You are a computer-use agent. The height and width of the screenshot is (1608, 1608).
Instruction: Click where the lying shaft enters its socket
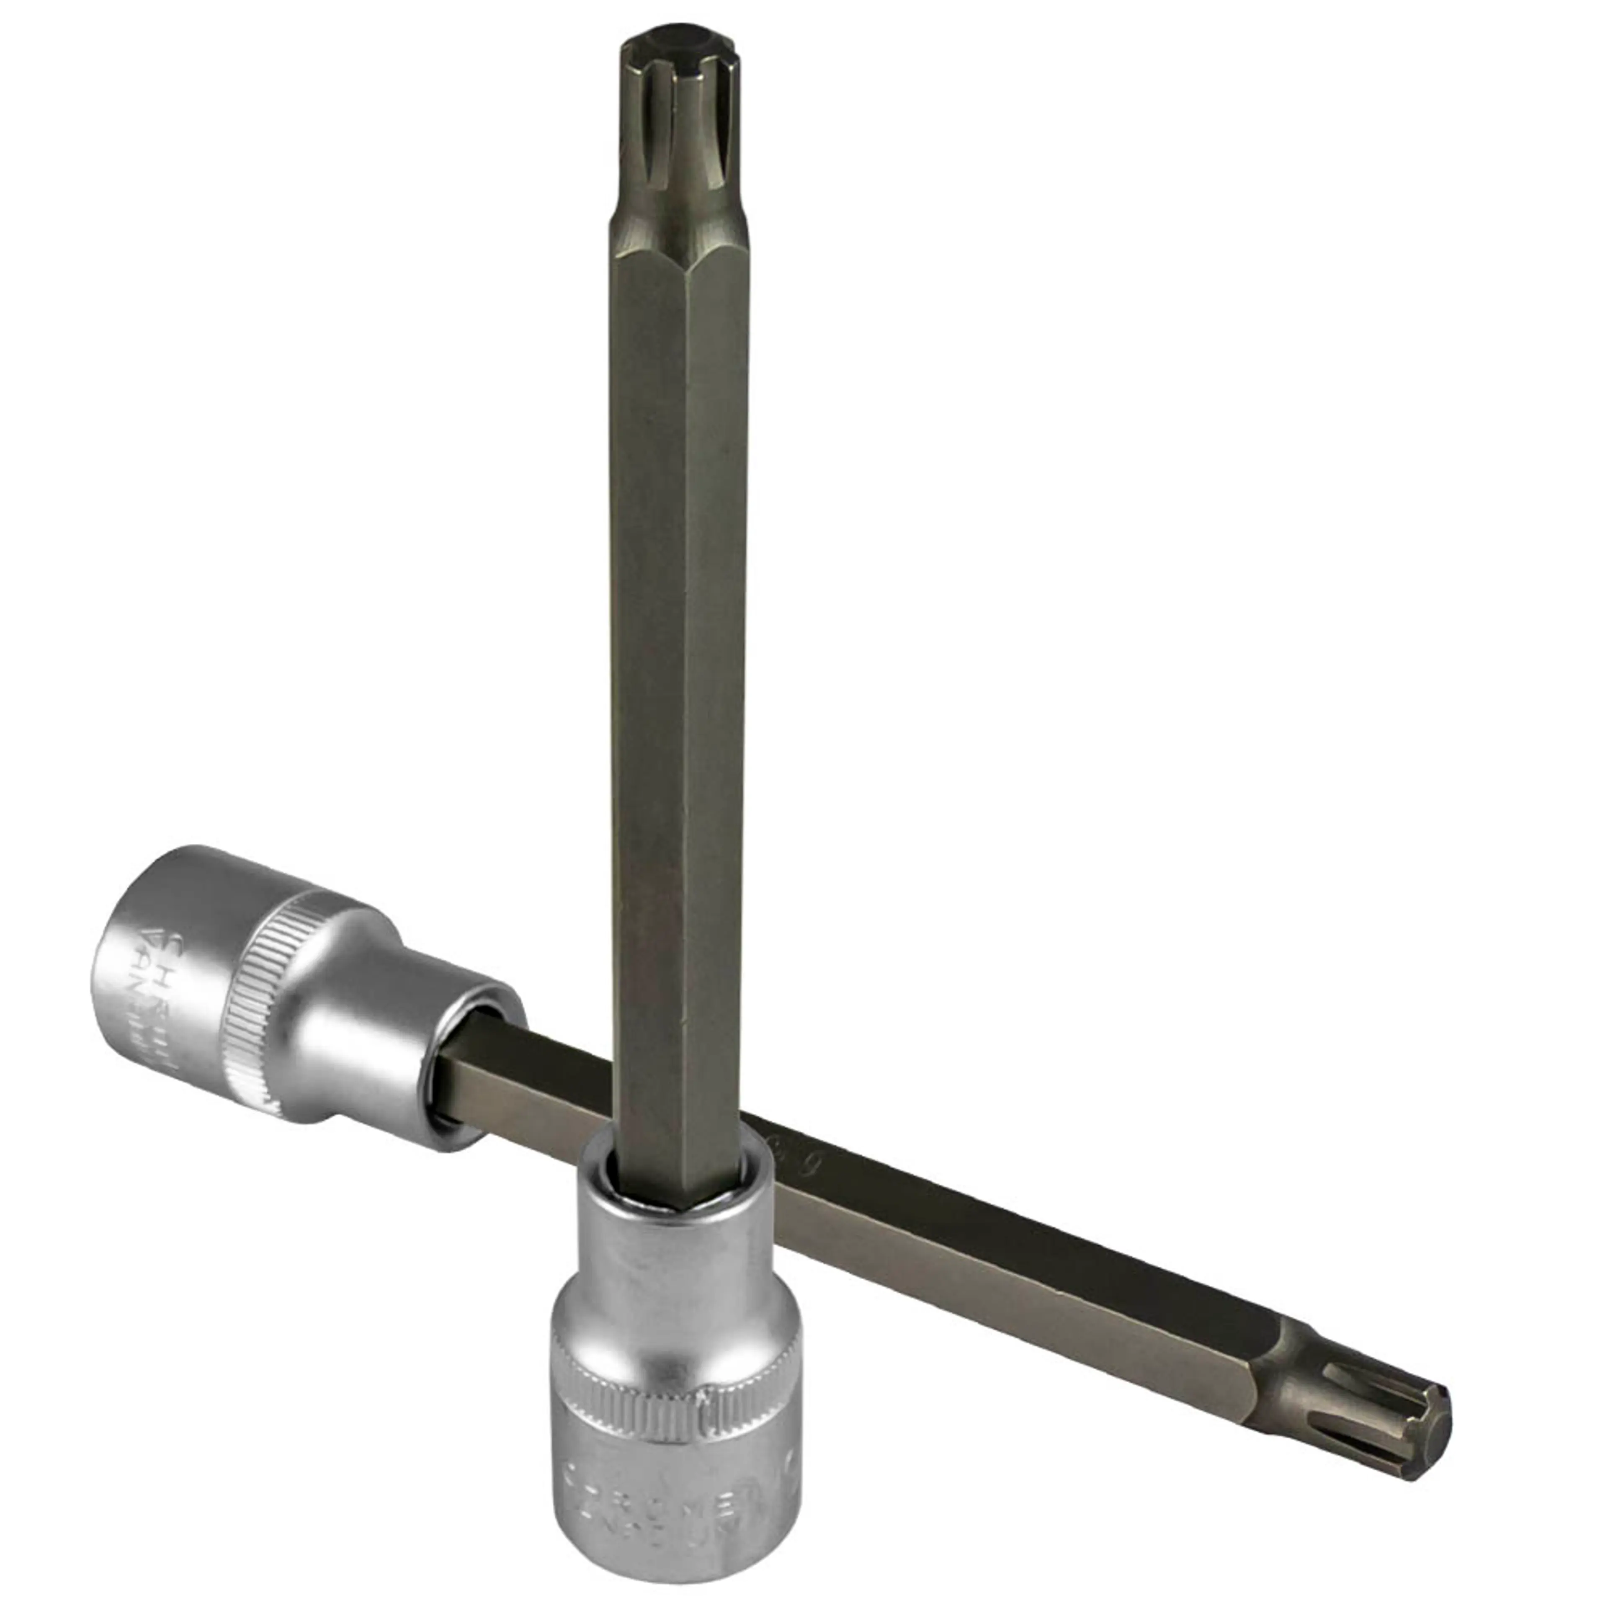pos(454,1074)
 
